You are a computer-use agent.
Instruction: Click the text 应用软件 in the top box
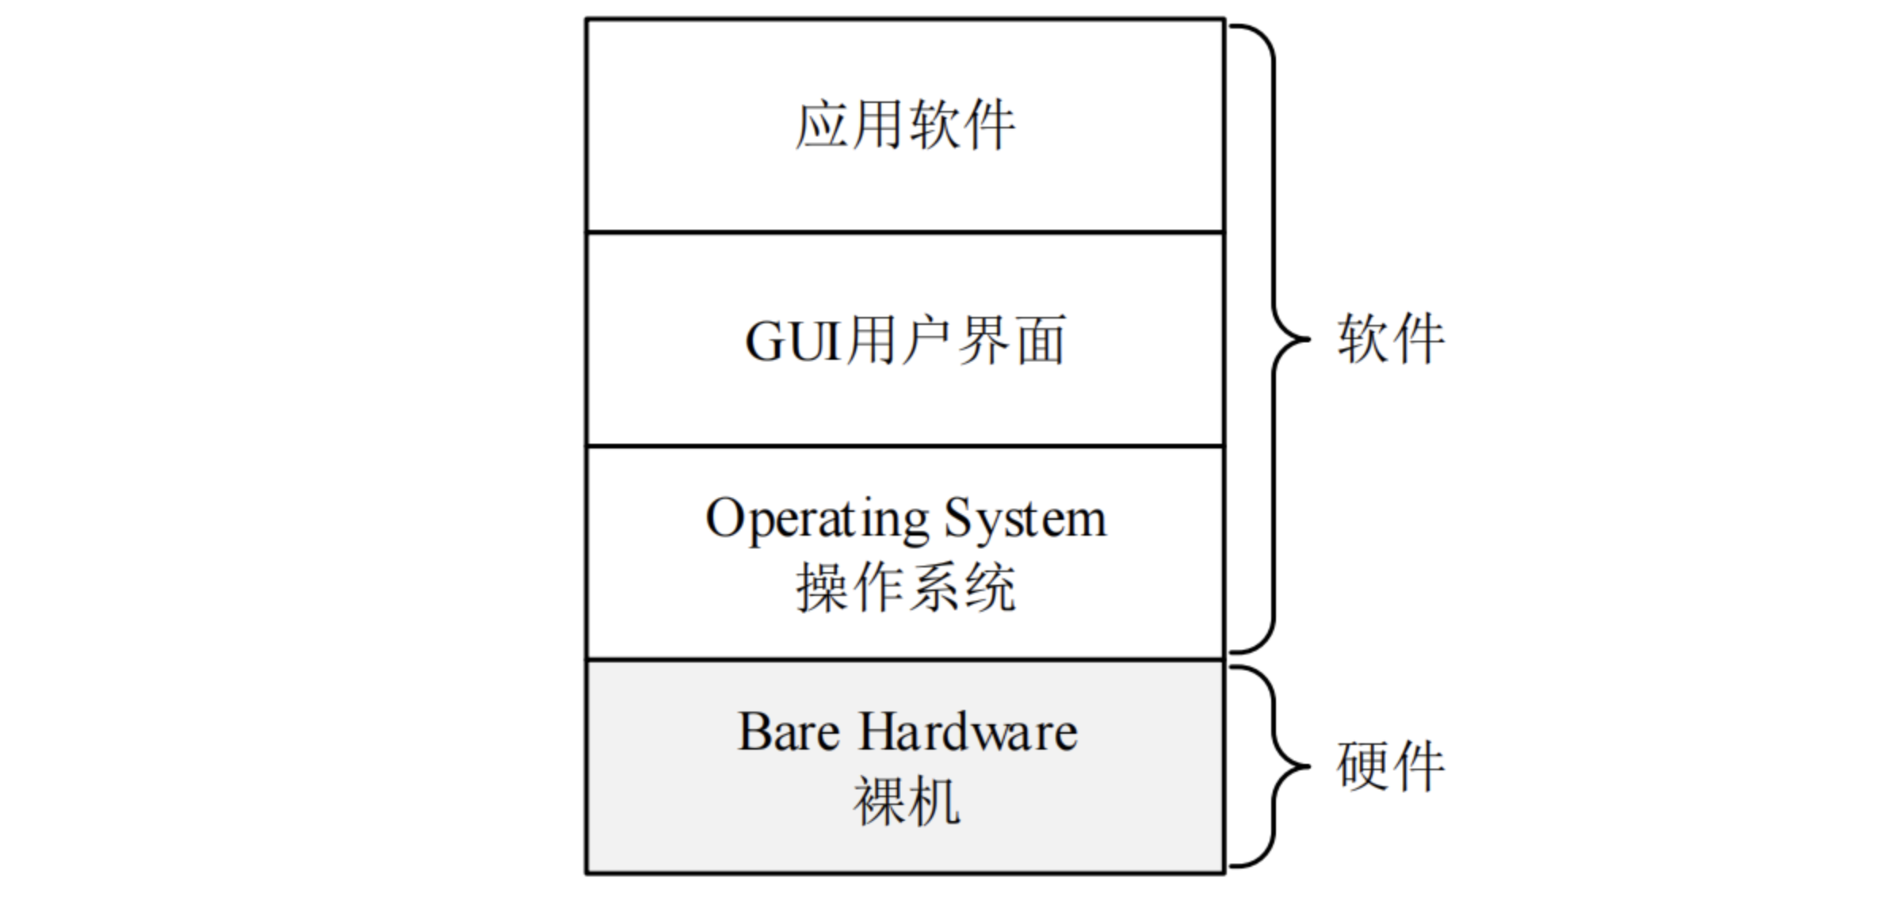click(x=905, y=125)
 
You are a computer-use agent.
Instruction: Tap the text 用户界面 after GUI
click(x=956, y=342)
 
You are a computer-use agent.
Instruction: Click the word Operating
click(x=816, y=521)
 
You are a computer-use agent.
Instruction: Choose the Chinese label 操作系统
click(x=906, y=588)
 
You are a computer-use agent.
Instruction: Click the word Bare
click(x=789, y=731)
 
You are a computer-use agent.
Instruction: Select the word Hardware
click(x=968, y=731)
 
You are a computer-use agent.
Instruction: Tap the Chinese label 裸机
click(x=906, y=801)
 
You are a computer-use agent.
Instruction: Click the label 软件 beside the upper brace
click(x=1391, y=339)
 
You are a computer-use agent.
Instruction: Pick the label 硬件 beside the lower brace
click(x=1391, y=766)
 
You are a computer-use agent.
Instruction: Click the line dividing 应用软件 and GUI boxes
click(x=905, y=232)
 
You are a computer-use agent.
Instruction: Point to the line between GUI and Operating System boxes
click(x=905, y=446)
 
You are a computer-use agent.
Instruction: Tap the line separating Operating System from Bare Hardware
click(x=905, y=659)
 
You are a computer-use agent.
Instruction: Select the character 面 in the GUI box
click(x=1041, y=342)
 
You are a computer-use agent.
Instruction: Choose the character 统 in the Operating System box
click(x=989, y=588)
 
